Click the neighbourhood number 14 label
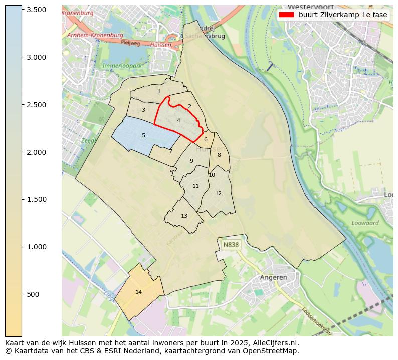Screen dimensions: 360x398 click(x=139, y=292)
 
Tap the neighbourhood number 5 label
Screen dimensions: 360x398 click(x=143, y=135)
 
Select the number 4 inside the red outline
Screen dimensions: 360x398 click(x=178, y=120)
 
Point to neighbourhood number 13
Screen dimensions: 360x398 click(x=184, y=216)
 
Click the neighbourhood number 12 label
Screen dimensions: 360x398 click(x=218, y=193)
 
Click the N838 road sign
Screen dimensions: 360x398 click(x=231, y=245)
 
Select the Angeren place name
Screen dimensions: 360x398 click(x=273, y=277)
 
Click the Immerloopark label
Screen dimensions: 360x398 click(x=122, y=66)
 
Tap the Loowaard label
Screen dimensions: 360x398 click(x=365, y=223)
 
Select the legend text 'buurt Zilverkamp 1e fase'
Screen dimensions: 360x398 click(x=343, y=15)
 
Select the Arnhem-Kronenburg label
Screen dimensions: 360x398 click(x=95, y=35)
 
